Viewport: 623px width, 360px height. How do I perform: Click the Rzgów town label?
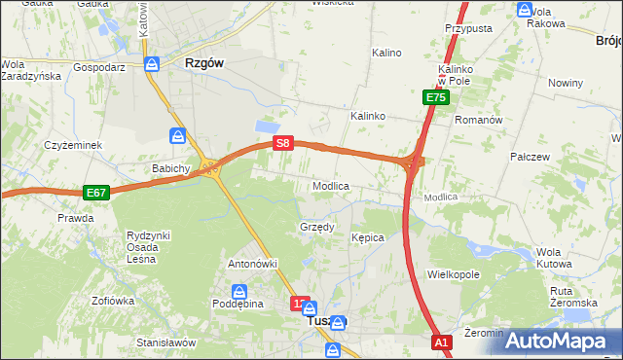click(204, 62)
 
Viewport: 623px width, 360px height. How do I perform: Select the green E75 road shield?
click(435, 97)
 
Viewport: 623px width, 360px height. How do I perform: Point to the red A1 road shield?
click(442, 342)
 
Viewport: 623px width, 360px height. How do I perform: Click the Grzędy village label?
click(316, 227)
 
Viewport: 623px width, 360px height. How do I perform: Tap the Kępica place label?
click(368, 237)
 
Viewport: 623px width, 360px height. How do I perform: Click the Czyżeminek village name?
click(73, 145)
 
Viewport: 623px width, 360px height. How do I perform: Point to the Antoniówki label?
click(253, 264)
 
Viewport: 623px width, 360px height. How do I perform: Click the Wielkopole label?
click(454, 275)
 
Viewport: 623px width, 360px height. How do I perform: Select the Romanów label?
click(479, 120)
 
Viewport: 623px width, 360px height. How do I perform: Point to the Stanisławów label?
click(166, 342)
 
